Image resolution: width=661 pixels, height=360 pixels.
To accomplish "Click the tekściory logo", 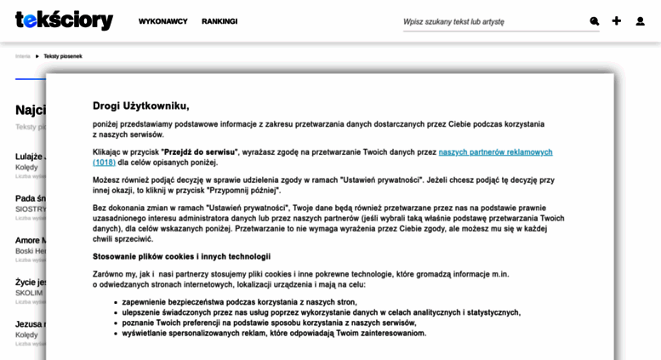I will pyautogui.click(x=64, y=20).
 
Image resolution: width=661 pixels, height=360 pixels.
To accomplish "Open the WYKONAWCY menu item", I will pyautogui.click(x=162, y=21).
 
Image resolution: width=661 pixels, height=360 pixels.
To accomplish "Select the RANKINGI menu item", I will pyautogui.click(x=219, y=21).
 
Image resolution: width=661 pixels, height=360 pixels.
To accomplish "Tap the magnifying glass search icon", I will pyautogui.click(x=595, y=21).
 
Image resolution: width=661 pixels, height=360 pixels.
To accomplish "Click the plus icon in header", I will pyautogui.click(x=617, y=21).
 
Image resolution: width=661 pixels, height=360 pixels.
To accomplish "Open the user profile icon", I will pyautogui.click(x=640, y=21).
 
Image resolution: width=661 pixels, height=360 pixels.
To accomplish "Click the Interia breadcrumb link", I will pyautogui.click(x=22, y=56).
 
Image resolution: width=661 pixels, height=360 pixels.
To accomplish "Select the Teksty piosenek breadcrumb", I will pyautogui.click(x=63, y=56).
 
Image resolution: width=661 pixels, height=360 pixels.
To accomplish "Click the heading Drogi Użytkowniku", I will pyautogui.click(x=141, y=106).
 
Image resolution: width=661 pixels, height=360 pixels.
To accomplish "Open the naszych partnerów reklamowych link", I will pyautogui.click(x=495, y=151).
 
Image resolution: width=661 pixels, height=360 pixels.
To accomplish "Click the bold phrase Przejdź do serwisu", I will pyautogui.click(x=200, y=151).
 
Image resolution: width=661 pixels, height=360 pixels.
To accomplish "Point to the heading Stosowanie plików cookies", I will pyautogui.click(x=181, y=256).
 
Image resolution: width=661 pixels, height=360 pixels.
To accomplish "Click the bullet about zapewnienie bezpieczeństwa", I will pyautogui.click(x=239, y=302).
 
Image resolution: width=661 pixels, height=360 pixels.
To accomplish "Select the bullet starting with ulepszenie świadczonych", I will pyautogui.click(x=321, y=312).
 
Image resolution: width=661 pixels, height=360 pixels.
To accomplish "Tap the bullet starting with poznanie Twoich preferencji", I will pyautogui.click(x=269, y=323).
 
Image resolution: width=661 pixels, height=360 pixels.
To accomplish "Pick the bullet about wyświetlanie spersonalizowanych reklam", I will pyautogui.click(x=274, y=333).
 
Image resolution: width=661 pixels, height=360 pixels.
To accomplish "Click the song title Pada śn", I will pyautogui.click(x=30, y=198).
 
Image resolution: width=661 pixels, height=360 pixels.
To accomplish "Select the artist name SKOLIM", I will pyautogui.click(x=29, y=293).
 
